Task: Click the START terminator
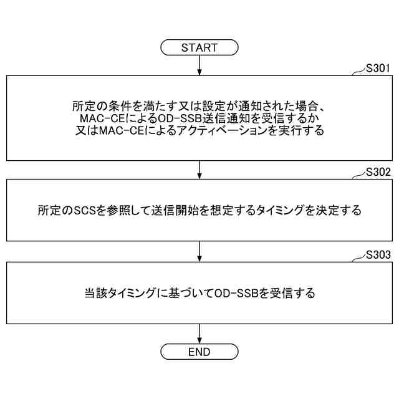pos(199,47)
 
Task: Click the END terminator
pos(199,352)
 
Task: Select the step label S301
pos(378,68)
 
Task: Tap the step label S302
pos(378,171)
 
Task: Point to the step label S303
pos(378,255)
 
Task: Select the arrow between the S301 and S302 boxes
pos(199,170)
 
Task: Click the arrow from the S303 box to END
pos(199,334)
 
